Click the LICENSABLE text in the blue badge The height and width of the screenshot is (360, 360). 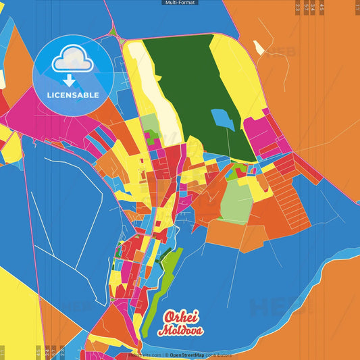[73, 95]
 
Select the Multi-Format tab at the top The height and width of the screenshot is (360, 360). [180, 3]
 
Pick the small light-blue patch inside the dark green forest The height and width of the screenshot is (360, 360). [223, 119]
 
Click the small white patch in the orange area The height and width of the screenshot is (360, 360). [259, 47]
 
